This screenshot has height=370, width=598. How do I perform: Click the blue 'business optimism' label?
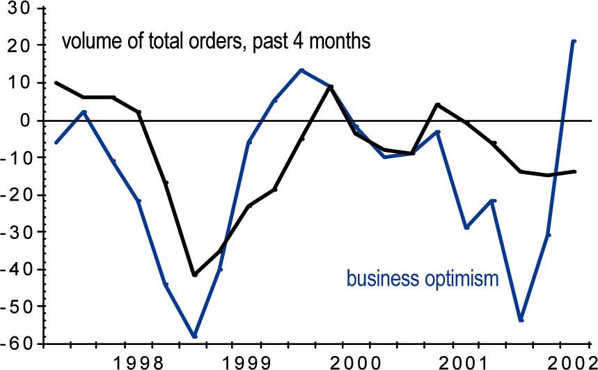[423, 279]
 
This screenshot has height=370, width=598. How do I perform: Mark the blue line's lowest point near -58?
[194, 337]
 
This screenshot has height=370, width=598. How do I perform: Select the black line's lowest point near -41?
[194, 275]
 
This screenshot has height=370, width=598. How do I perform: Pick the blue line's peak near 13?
[302, 70]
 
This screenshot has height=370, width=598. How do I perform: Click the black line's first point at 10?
[56, 83]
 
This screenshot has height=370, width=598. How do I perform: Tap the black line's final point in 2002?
[574, 171]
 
